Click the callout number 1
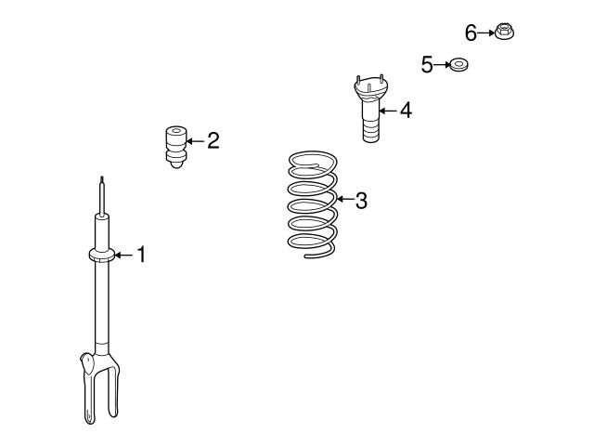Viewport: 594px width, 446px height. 142,254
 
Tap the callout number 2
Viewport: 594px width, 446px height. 213,141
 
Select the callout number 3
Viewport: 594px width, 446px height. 361,200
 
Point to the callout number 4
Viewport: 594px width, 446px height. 405,111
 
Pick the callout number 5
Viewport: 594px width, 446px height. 427,64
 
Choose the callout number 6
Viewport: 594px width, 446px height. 471,33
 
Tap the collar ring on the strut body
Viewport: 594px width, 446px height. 101,256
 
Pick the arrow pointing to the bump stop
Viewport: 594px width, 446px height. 193,141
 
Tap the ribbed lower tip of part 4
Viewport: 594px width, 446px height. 369,131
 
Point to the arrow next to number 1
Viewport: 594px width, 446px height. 123,255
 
